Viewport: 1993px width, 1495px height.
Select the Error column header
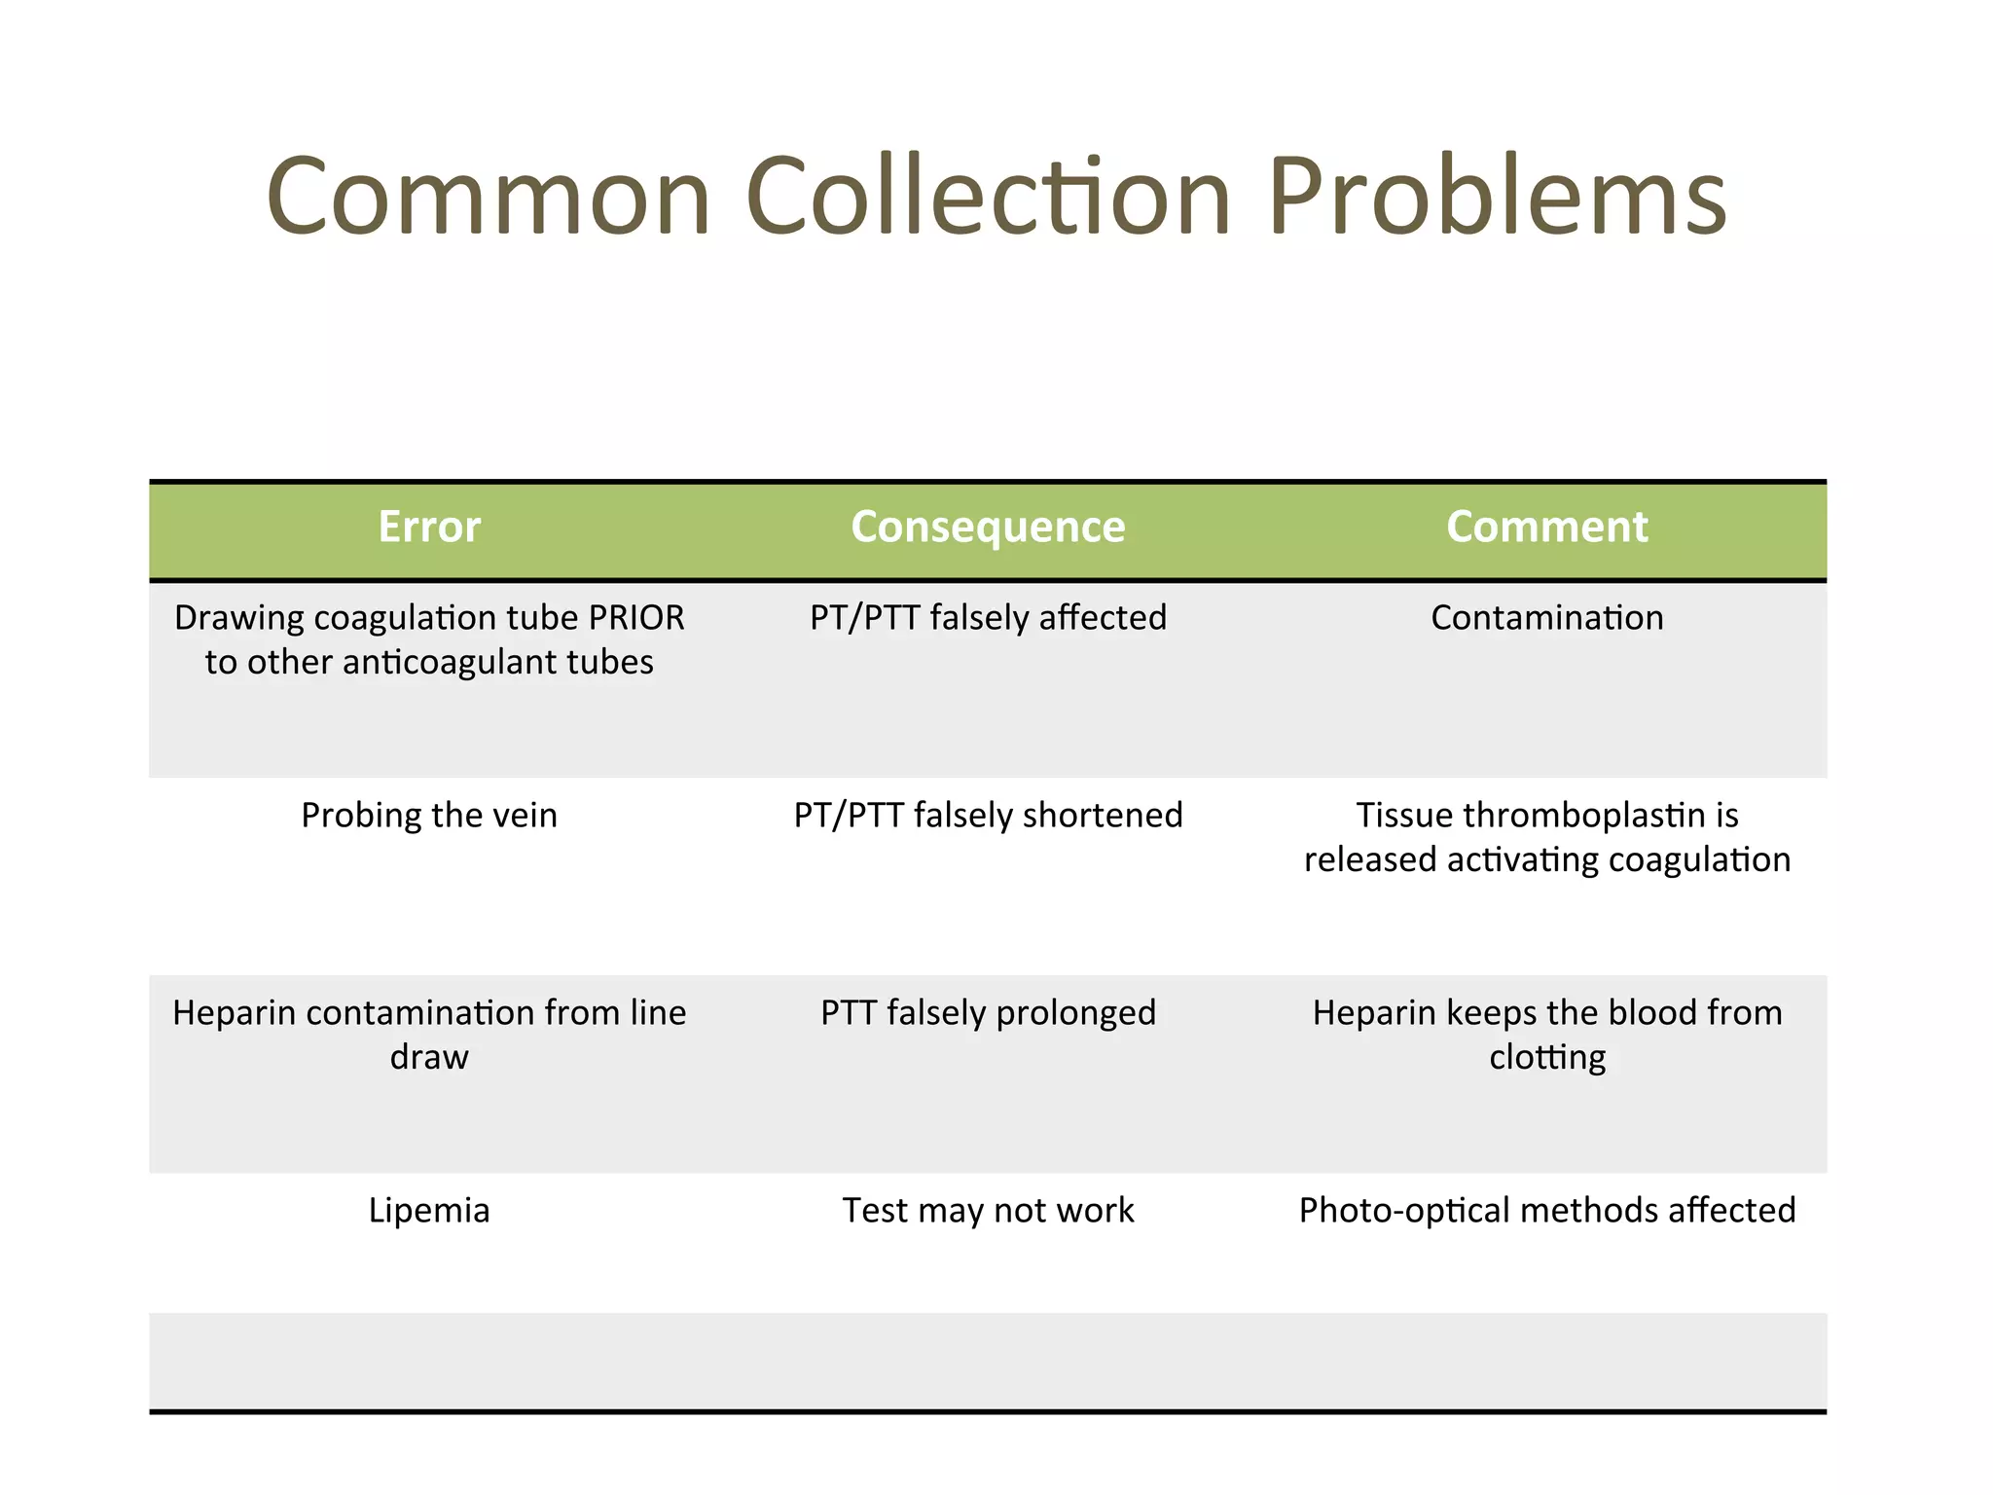click(x=429, y=527)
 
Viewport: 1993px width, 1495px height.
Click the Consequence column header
click(x=988, y=527)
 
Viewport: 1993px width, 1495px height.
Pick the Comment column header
click(x=1546, y=527)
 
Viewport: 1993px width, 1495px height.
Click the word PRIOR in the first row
click(x=636, y=618)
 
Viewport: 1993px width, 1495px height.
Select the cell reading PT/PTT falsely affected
click(x=988, y=618)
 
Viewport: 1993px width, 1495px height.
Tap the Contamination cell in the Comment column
click(x=1546, y=618)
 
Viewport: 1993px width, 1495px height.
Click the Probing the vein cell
click(x=429, y=816)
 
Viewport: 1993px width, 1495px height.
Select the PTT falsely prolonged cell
click(x=988, y=1013)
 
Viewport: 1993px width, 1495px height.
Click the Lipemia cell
click(x=429, y=1211)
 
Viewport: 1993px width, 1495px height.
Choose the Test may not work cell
click(x=988, y=1211)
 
